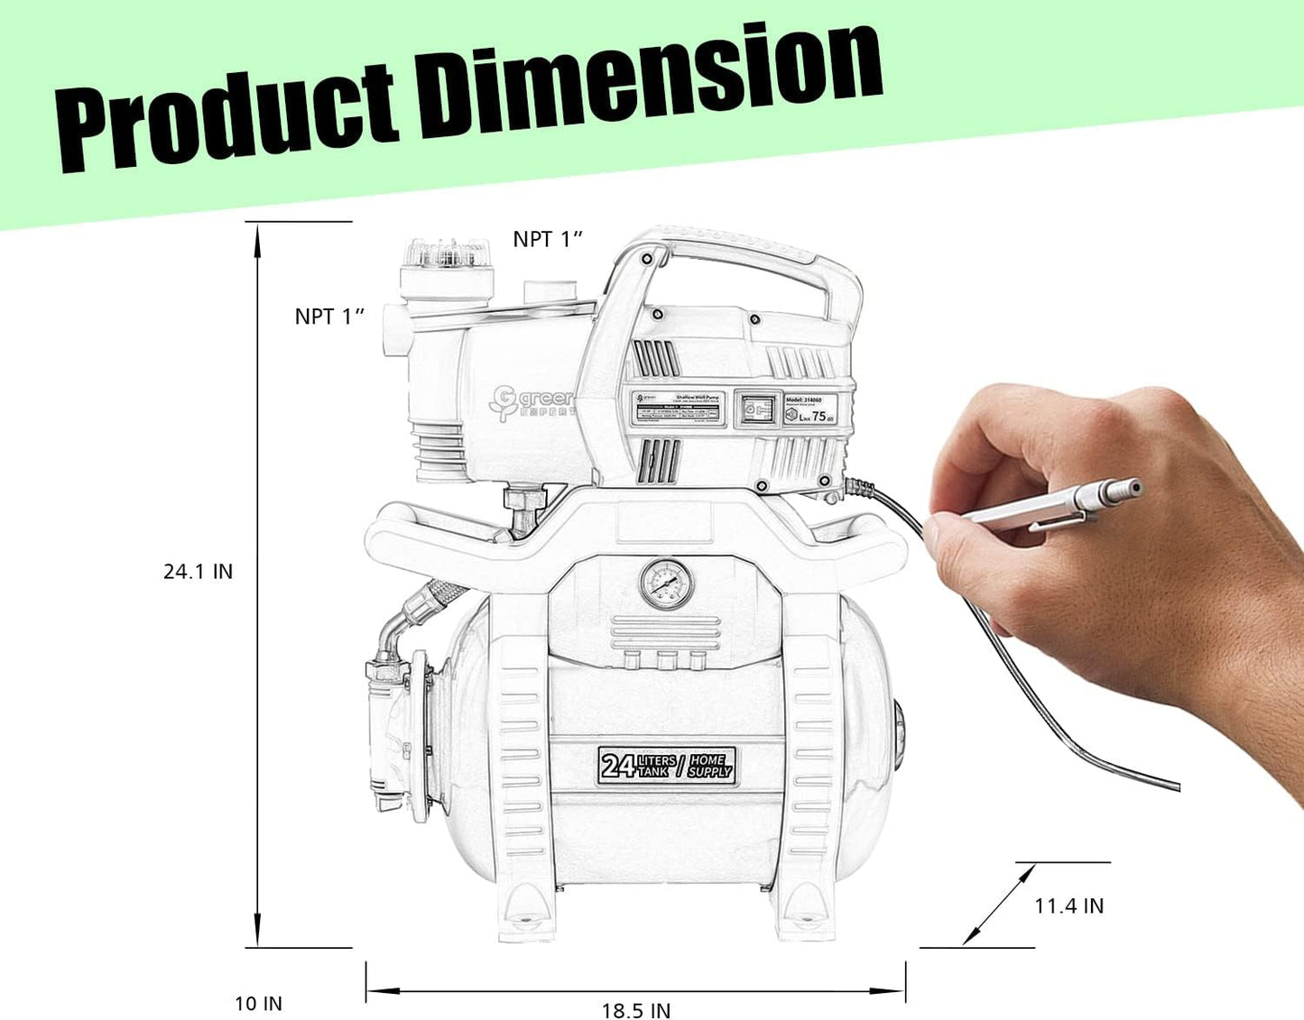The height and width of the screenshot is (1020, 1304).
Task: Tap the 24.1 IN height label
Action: click(x=198, y=572)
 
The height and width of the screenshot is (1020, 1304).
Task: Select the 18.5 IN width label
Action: click(x=636, y=1010)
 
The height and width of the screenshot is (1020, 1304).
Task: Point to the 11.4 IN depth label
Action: click(x=1068, y=905)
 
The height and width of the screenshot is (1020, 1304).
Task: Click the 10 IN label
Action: click(x=258, y=1003)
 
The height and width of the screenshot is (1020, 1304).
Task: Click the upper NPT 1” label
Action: click(x=548, y=239)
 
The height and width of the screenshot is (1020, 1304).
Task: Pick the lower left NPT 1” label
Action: click(x=329, y=317)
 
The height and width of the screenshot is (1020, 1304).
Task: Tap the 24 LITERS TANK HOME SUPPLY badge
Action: click(x=667, y=766)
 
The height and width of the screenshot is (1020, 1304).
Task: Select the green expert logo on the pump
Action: click(x=532, y=402)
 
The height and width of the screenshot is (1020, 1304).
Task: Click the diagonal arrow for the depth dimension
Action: click(x=998, y=905)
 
